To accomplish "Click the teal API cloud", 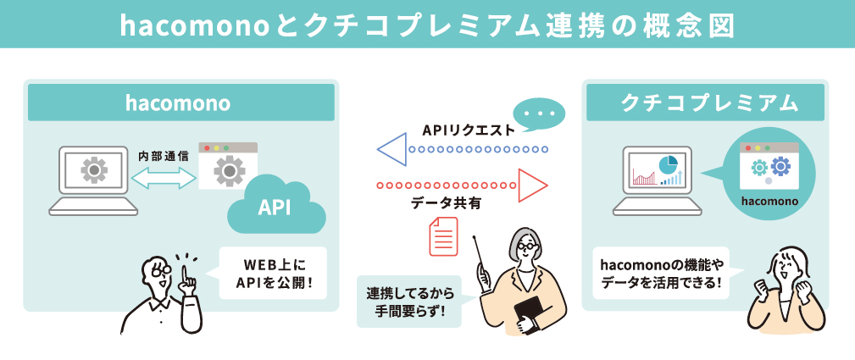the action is tap(276, 208).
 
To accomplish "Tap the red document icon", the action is tap(443, 236).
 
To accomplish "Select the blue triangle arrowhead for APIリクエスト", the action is tap(391, 149).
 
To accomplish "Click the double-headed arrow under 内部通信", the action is tap(164, 178).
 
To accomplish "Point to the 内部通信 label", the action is tap(164, 157).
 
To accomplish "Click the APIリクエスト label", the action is tap(469, 130).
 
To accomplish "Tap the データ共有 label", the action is tap(446, 204).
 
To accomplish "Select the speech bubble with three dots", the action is tap(541, 115).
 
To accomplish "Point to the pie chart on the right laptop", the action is tap(668, 163).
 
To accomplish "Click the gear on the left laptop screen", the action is tap(94, 171).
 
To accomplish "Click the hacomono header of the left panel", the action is tap(181, 102).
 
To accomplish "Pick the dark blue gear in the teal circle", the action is tap(780, 165).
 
